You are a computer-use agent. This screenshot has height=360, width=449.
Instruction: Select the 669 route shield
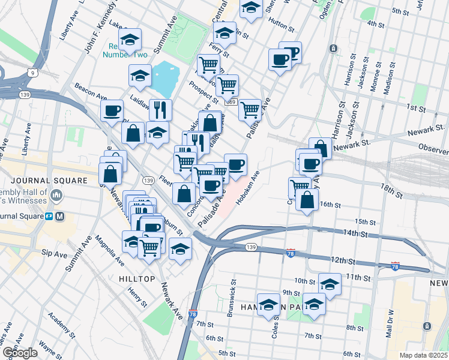click(x=231, y=103)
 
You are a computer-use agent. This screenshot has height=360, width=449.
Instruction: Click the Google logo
click(x=19, y=353)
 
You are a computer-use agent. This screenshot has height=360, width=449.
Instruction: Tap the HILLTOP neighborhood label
click(x=137, y=279)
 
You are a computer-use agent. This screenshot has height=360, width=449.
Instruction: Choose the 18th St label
click(x=394, y=192)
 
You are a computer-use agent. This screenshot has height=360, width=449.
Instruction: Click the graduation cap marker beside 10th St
click(x=330, y=284)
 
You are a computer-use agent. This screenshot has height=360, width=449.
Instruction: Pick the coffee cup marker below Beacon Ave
click(x=112, y=110)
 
